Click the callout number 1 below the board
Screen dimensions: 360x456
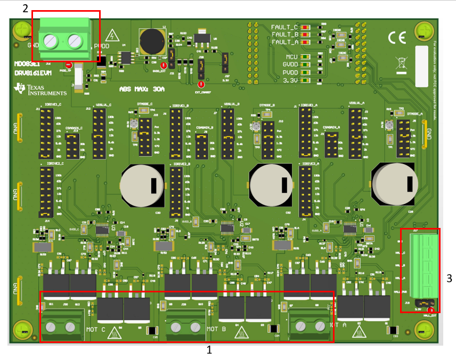(209, 350)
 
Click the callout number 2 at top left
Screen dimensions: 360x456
(25, 9)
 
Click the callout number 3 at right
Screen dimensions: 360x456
(449, 277)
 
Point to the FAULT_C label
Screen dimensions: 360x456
(284, 27)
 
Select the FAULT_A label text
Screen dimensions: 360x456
(284, 42)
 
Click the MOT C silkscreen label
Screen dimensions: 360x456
(96, 330)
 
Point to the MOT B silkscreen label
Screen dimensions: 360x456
(217, 330)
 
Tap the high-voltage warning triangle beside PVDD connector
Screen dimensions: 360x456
(112, 36)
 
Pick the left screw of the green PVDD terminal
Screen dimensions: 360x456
(52, 40)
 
